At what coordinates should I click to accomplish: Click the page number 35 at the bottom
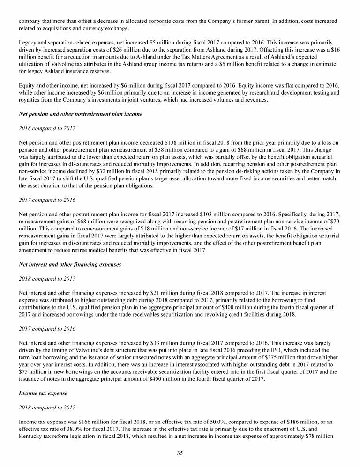click(180, 453)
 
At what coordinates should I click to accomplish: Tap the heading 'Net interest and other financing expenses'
click(70, 264)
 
